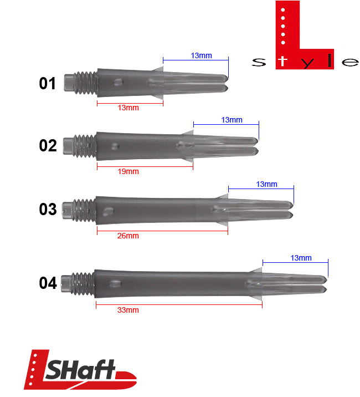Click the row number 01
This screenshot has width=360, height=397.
47,84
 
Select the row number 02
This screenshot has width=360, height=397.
48,146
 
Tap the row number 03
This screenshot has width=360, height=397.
48,210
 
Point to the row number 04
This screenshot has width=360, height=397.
48,283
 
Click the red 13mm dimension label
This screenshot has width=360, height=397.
128,108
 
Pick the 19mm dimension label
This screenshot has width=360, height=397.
128,171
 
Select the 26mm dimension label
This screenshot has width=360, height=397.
128,236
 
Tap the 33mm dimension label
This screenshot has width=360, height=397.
128,310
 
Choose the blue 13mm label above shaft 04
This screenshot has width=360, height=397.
301,258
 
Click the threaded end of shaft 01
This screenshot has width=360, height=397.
81,84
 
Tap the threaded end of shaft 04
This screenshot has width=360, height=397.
78,283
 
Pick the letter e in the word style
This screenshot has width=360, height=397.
350,62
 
